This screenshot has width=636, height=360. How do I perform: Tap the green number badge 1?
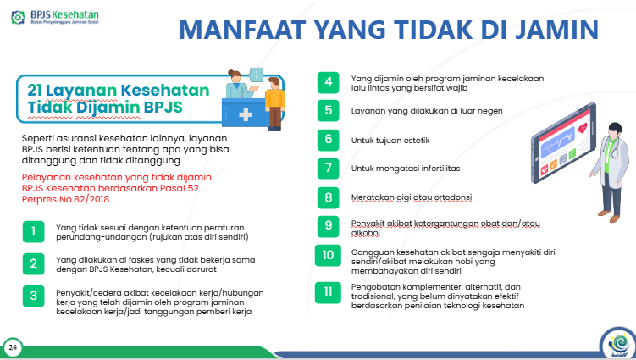pyautogui.click(x=33, y=231)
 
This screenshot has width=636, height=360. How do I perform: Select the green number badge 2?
pyautogui.click(x=33, y=263)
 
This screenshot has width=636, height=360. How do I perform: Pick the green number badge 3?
pyautogui.click(x=33, y=296)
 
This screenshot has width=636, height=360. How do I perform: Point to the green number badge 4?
pyautogui.click(x=328, y=82)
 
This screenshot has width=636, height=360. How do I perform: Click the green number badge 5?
pyautogui.click(x=328, y=110)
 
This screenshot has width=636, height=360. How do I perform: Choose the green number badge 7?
pyautogui.click(x=328, y=168)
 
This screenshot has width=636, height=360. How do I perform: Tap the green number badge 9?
pyautogui.click(x=328, y=225)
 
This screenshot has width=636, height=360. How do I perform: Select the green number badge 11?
pyautogui.click(x=328, y=293)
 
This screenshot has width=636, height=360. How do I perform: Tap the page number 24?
pyautogui.click(x=13, y=347)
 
